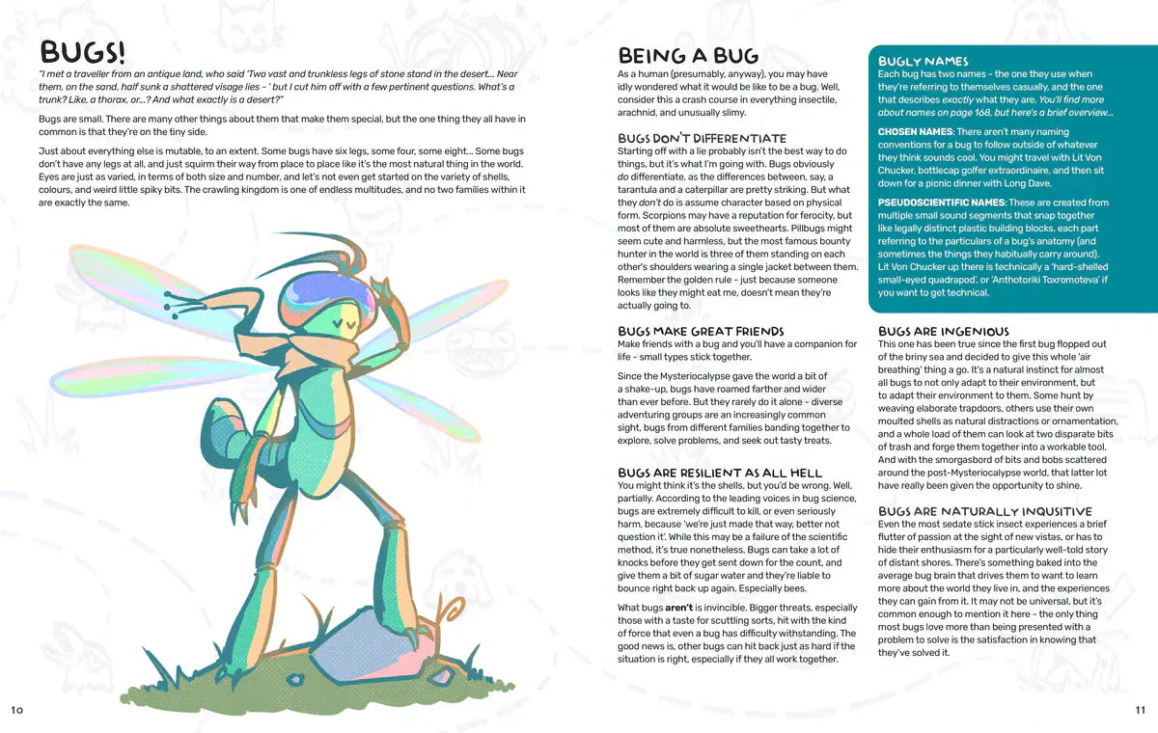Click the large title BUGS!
[81, 52]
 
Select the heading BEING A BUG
[688, 56]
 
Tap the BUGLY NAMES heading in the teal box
[923, 61]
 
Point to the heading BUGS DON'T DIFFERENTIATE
[702, 138]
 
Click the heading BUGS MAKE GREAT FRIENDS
[701, 331]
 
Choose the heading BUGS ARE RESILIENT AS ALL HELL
[720, 473]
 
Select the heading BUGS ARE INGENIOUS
[944, 331]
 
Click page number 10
[16, 710]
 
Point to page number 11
[1140, 710]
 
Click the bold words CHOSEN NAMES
[914, 131]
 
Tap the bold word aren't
[678, 607]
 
